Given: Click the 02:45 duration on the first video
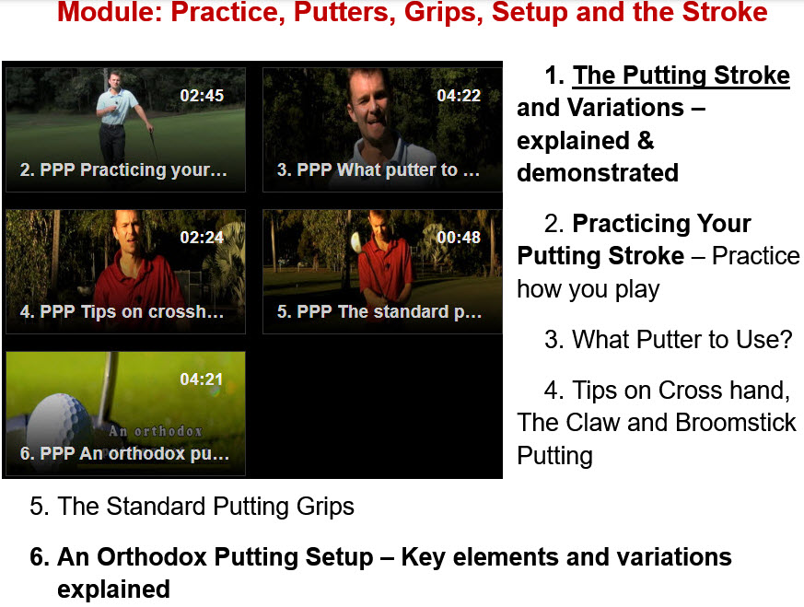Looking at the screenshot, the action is pyautogui.click(x=202, y=96).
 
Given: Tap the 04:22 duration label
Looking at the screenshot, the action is pyautogui.click(x=459, y=96).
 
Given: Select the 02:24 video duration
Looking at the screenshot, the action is pyautogui.click(x=202, y=238).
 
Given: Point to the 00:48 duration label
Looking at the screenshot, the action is pyautogui.click(x=459, y=238).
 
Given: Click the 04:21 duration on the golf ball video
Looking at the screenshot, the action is pyautogui.click(x=202, y=379).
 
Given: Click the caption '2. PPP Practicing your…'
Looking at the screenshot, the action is pyautogui.click(x=123, y=169).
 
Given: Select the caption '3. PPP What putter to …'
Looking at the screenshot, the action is pyautogui.click(x=379, y=169).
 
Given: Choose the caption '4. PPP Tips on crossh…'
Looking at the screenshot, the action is pyautogui.click(x=122, y=311).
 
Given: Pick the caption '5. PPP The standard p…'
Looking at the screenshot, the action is pyautogui.click(x=379, y=311).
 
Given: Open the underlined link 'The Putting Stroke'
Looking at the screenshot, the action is pyautogui.click(x=681, y=76).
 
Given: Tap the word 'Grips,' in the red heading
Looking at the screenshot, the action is pyautogui.click(x=444, y=12).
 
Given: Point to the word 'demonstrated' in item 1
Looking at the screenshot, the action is pyautogui.click(x=598, y=173).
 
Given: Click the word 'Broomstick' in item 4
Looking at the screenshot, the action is pyautogui.click(x=736, y=423).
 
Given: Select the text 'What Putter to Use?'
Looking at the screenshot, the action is pyautogui.click(x=682, y=339).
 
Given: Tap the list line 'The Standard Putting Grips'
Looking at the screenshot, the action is pyautogui.click(x=205, y=507).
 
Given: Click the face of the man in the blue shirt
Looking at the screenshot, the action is pyautogui.click(x=116, y=80).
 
